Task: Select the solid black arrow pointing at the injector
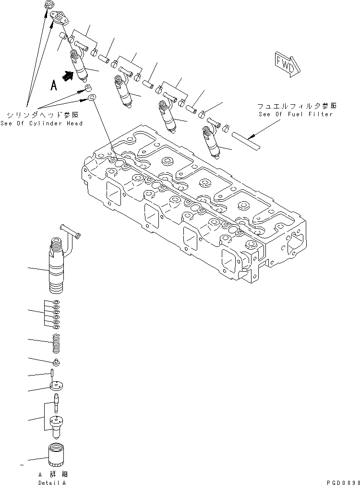coord(69,75)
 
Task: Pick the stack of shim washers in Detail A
coord(57,315)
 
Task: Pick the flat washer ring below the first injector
coord(91,98)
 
